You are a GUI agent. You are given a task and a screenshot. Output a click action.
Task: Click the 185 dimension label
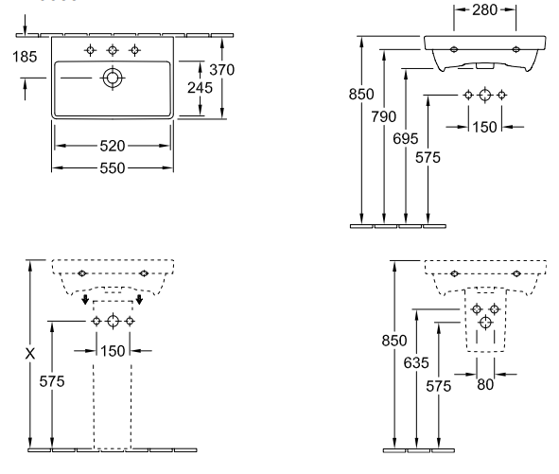(25, 57)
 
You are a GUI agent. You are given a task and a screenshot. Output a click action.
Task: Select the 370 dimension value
(221, 70)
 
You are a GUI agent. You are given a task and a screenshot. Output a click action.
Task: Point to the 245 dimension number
(200, 88)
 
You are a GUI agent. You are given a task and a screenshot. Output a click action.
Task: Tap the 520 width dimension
(113, 146)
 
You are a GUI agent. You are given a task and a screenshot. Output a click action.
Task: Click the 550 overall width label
(113, 168)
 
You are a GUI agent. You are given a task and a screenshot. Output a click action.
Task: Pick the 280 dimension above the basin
(484, 10)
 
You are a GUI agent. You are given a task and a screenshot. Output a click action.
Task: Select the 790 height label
(384, 116)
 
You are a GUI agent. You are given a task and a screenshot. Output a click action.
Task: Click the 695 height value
(406, 139)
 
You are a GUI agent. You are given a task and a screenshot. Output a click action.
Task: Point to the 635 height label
(416, 363)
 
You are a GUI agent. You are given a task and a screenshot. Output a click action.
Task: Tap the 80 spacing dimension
(485, 384)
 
